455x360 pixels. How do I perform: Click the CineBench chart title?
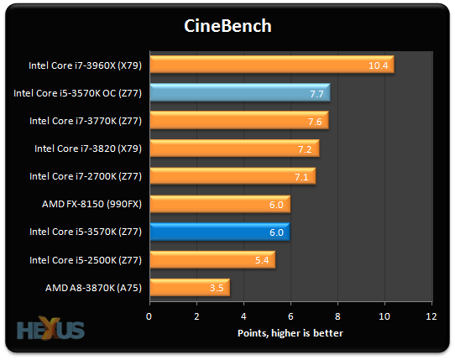tap(227, 26)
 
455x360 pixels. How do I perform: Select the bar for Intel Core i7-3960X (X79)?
tap(272, 65)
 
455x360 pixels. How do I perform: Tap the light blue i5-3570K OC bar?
tap(240, 92)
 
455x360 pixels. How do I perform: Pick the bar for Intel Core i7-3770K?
tap(239, 120)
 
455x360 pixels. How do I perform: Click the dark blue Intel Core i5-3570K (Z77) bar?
tap(220, 232)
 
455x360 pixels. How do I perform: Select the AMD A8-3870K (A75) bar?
tap(190, 288)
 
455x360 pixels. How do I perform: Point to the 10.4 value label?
tap(378, 65)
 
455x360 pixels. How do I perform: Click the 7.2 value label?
tap(305, 149)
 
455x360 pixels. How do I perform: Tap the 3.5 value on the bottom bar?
tap(217, 288)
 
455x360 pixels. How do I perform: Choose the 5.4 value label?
tap(262, 260)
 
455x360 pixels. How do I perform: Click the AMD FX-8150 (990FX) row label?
tap(92, 204)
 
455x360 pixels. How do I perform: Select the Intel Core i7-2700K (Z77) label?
tap(86, 176)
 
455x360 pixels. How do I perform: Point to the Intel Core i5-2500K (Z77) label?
tap(86, 260)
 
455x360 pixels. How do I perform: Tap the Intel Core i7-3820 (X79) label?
tap(88, 149)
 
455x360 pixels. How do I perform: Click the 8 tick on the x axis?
tap(337, 316)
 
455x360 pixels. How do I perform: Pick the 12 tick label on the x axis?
tap(431, 316)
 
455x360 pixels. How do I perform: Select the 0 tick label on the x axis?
tap(149, 316)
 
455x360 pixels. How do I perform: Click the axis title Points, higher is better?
tap(290, 333)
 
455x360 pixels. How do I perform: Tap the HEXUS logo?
tap(50, 328)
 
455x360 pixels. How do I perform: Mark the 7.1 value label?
tap(301, 177)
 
